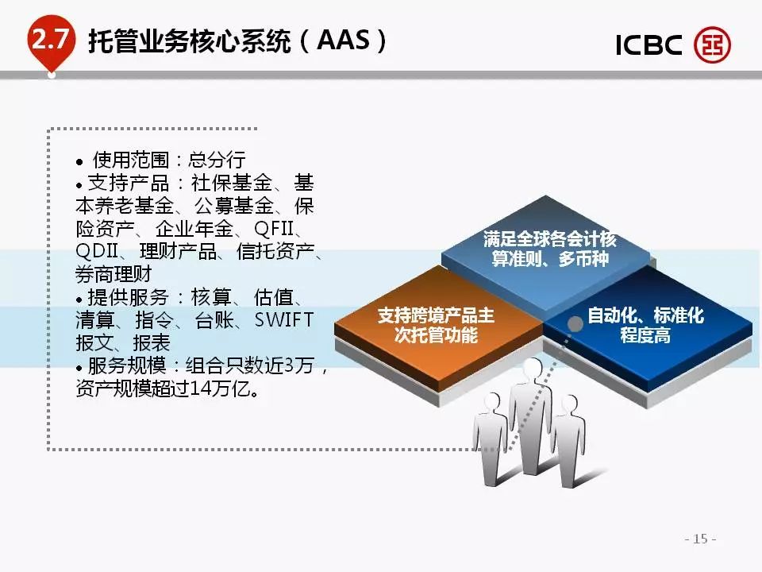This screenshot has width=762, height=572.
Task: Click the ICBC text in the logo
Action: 648,44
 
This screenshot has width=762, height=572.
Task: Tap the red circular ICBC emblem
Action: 712,44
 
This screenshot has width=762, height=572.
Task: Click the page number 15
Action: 700,539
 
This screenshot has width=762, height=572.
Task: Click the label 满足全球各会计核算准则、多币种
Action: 549,249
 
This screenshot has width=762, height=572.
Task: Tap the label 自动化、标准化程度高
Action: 645,325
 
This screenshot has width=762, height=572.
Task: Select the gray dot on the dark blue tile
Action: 575,324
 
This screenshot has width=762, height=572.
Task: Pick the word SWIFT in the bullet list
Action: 284,320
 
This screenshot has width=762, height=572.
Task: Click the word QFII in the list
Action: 274,229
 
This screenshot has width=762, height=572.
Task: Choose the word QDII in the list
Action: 97,252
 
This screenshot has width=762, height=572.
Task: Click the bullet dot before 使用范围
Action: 79,162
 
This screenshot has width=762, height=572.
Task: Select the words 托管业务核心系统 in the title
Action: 190,41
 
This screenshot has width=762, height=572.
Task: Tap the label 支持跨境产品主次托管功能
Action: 436,325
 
